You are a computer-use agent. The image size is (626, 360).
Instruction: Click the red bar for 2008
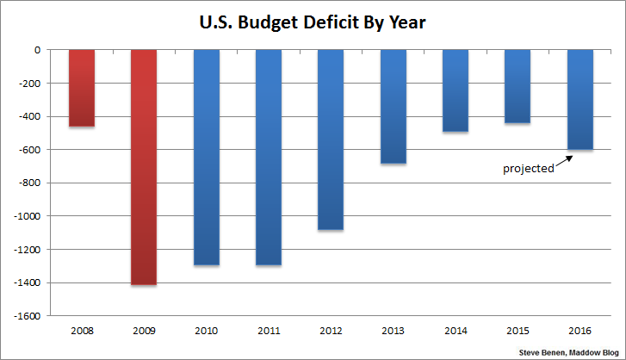tap(82, 88)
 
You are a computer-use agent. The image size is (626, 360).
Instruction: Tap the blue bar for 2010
tap(207, 157)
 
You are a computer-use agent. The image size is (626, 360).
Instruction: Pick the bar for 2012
tap(331, 140)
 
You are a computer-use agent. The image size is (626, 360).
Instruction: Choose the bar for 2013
tap(394, 107)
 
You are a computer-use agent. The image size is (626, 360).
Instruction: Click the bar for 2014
tap(456, 90)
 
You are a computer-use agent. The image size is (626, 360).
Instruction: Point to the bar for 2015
tap(518, 86)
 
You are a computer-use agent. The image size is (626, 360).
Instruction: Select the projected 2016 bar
tap(580, 100)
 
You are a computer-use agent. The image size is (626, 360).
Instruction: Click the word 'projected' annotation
tap(528, 169)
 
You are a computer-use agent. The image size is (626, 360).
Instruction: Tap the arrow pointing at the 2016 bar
tap(564, 161)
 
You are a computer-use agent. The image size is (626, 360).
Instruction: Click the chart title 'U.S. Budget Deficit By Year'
tap(313, 22)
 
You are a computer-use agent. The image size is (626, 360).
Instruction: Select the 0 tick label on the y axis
tap(39, 50)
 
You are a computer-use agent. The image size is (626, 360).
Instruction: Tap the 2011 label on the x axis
tap(269, 331)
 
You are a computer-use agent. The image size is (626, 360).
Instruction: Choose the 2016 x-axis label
tap(580, 331)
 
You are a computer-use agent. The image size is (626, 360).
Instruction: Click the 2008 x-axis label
tap(82, 331)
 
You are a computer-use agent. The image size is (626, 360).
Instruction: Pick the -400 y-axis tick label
tap(34, 117)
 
